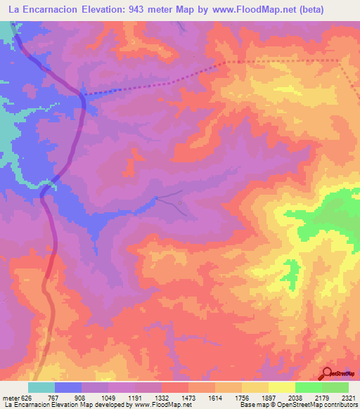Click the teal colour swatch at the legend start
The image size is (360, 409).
pyautogui.click(x=41, y=387)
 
